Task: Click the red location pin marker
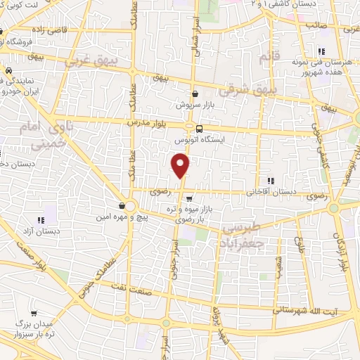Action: click(x=181, y=166)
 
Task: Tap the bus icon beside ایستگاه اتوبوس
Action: click(x=200, y=129)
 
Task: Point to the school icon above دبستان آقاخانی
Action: click(x=271, y=181)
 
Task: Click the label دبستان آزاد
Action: click(x=39, y=231)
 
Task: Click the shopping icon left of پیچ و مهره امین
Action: click(x=123, y=206)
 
